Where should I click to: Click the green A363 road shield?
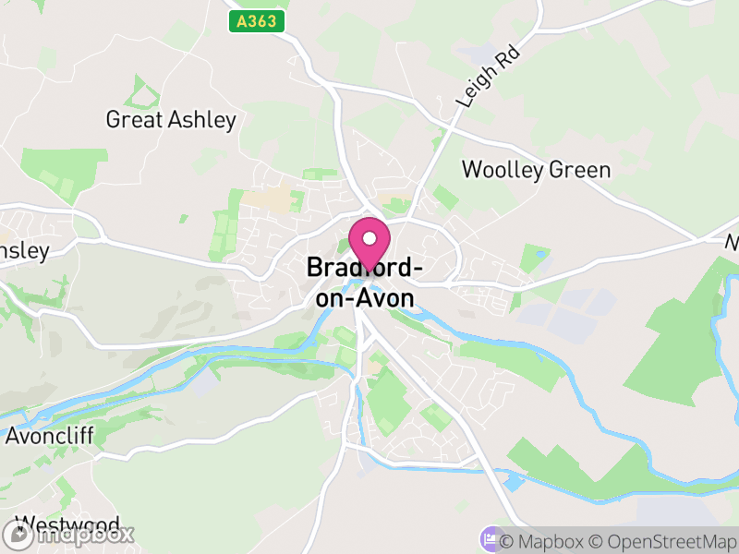pos(257,21)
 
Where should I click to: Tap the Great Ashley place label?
pos(171,119)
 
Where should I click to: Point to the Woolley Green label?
pos(536,170)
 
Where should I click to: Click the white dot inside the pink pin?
pos(369,238)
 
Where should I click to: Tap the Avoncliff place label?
pos(50,436)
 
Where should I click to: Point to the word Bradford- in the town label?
pos(365,268)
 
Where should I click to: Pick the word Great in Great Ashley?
pos(134,119)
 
